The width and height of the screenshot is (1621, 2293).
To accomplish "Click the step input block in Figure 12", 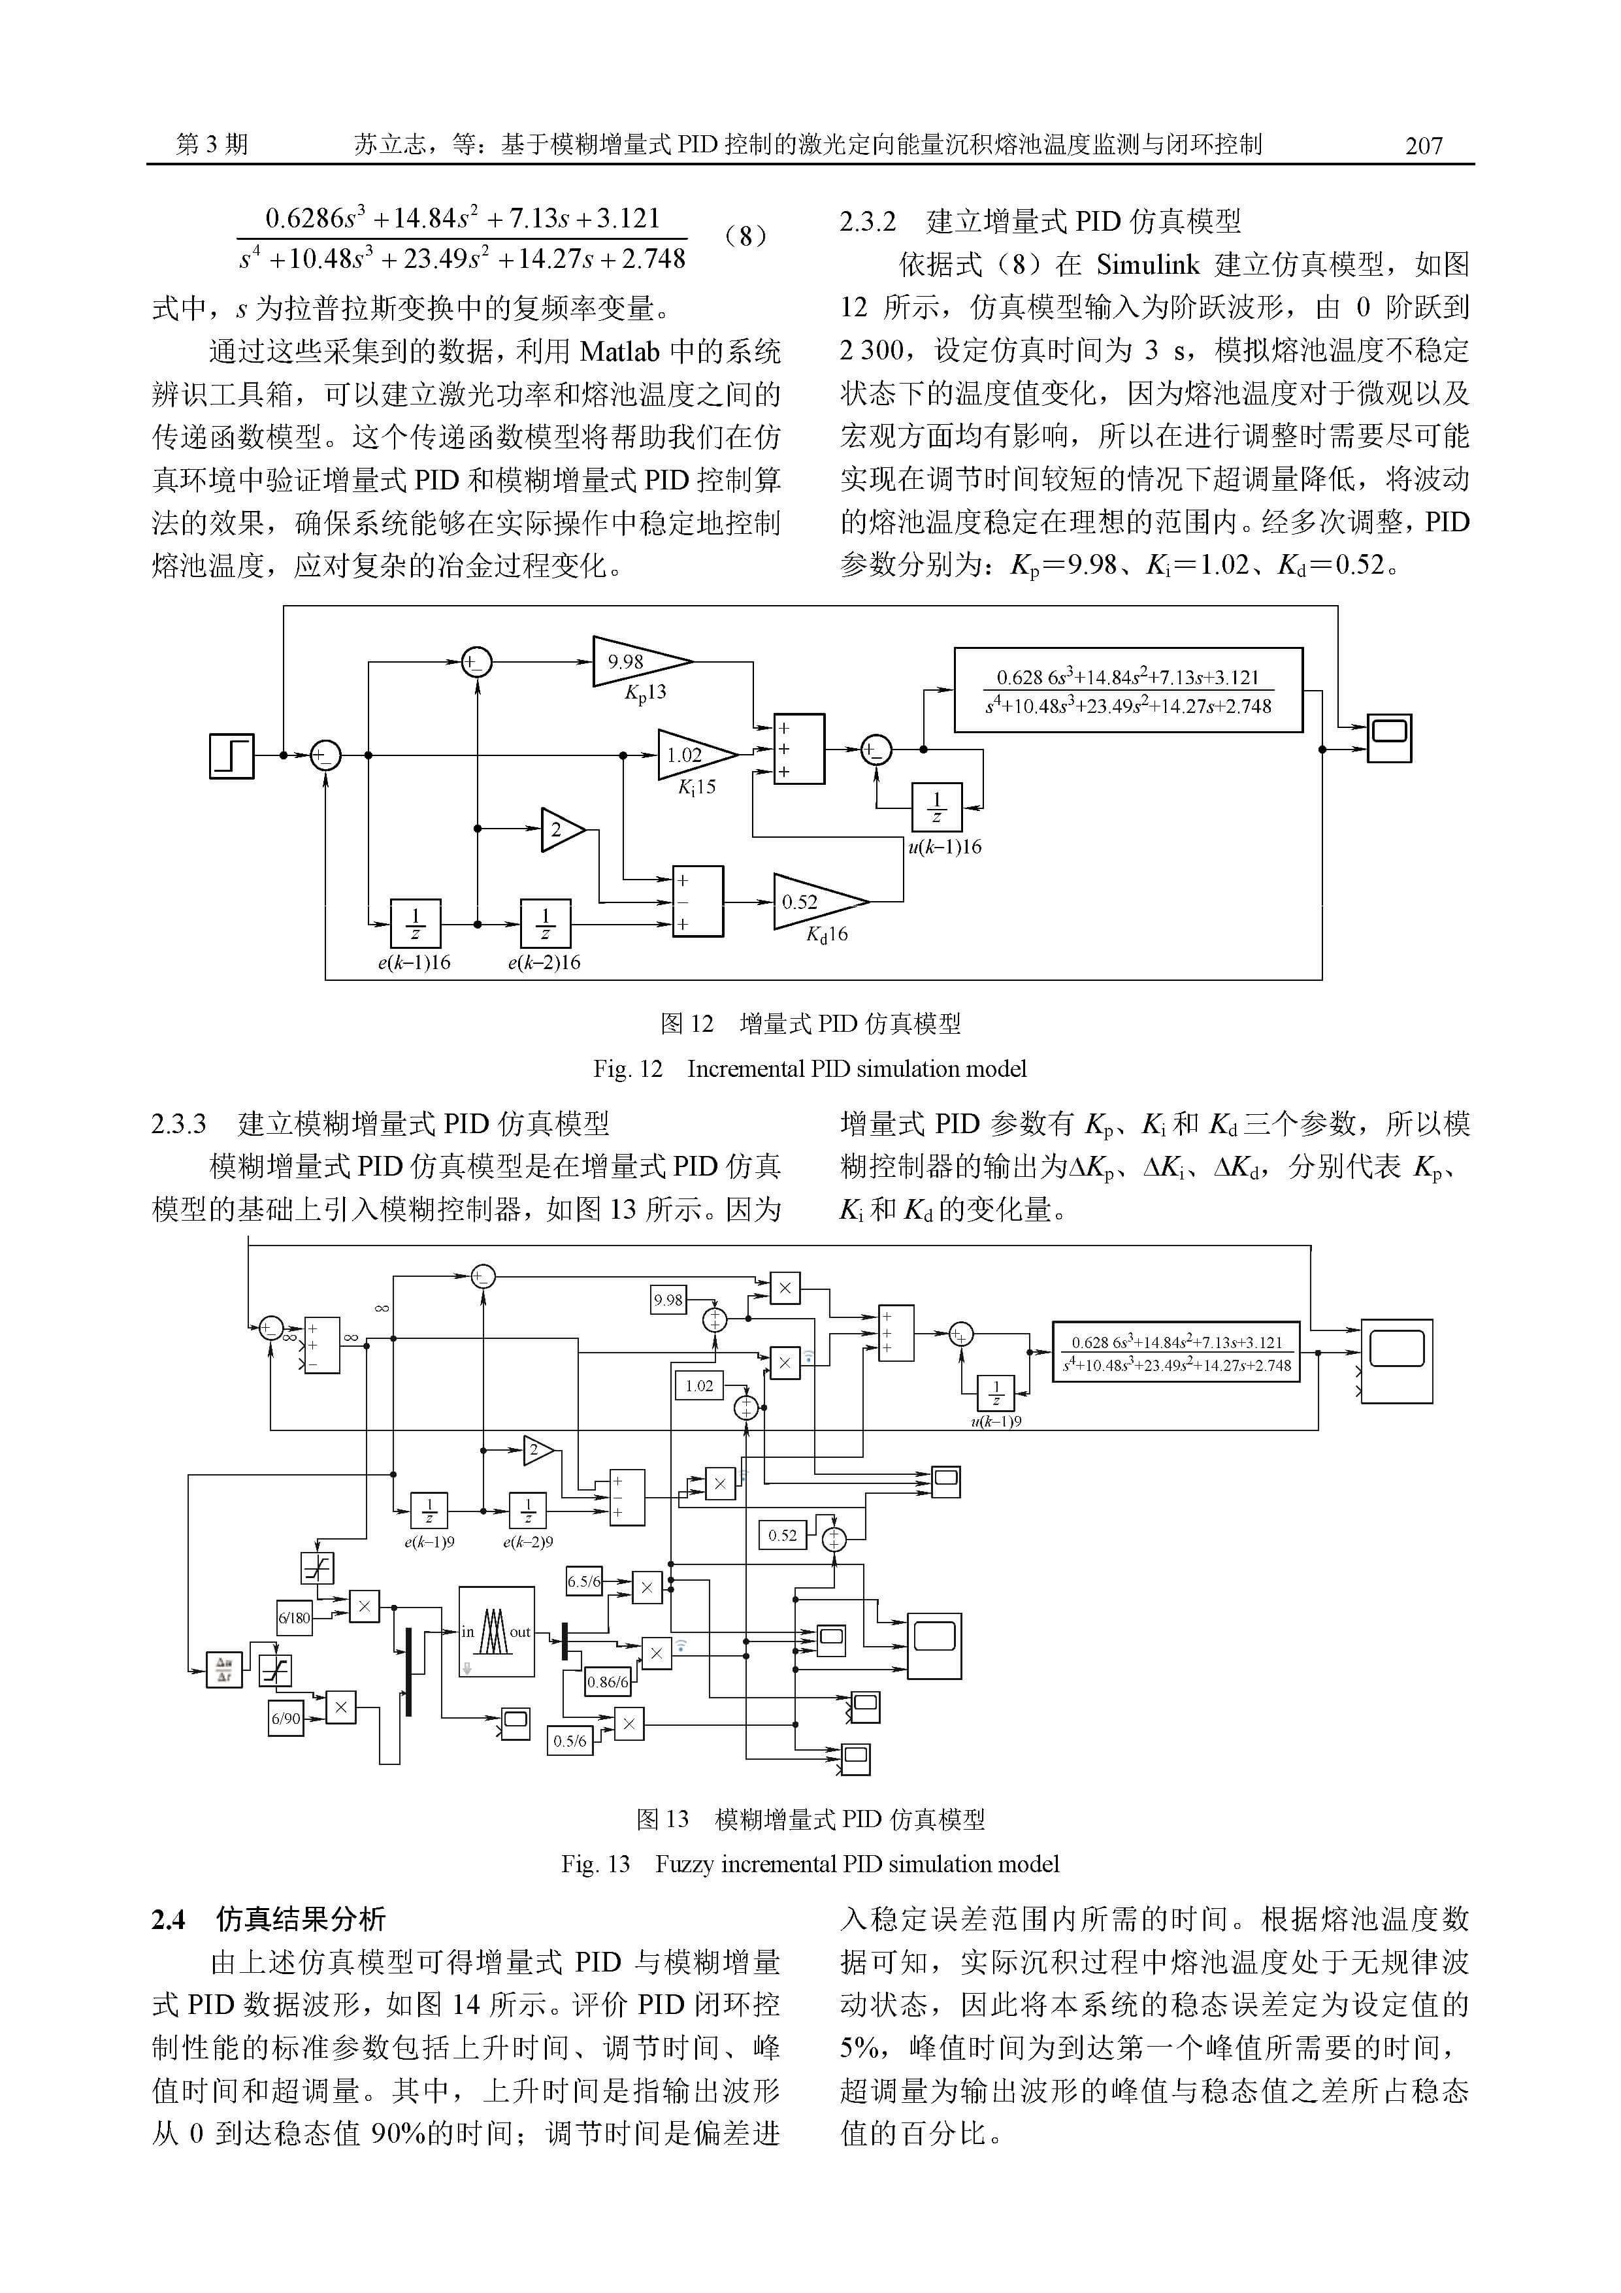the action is click(232, 756).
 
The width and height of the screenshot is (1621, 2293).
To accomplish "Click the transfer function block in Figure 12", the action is click(1128, 690).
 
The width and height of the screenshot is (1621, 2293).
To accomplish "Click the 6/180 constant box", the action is click(293, 1618).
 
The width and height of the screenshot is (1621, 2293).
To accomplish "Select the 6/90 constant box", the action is click(286, 1718).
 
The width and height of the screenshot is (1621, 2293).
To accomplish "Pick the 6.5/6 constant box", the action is click(584, 1581).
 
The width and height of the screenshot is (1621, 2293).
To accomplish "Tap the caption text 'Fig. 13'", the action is click(595, 1864).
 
